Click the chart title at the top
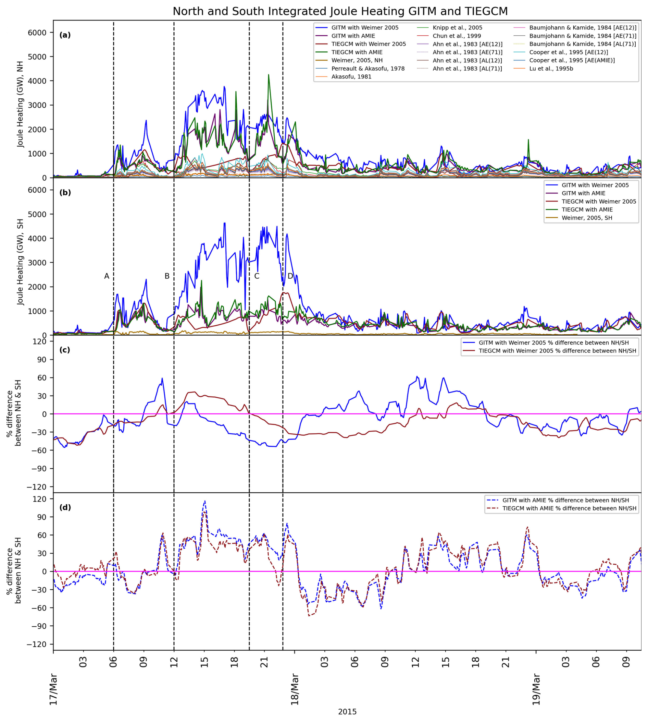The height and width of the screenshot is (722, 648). click(340, 11)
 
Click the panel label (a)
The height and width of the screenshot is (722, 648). click(65, 35)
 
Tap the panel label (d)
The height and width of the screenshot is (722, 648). click(65, 507)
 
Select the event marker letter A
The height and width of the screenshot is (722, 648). click(107, 276)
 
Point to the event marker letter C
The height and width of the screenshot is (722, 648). click(257, 276)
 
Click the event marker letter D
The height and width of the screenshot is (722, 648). click(290, 276)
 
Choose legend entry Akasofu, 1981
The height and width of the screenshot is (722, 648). click(351, 76)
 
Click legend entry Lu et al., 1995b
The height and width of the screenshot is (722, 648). click(551, 69)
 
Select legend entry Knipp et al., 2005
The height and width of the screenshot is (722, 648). click(457, 27)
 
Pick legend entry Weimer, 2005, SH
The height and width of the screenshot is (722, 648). click(587, 218)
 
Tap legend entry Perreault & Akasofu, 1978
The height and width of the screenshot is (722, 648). click(368, 69)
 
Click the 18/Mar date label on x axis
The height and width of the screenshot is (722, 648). click(295, 689)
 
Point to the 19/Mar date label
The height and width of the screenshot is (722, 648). click(536, 689)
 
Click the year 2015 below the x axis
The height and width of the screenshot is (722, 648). click(347, 712)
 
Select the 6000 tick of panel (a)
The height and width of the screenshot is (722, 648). click(37, 33)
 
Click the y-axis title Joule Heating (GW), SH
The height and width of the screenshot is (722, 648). click(21, 262)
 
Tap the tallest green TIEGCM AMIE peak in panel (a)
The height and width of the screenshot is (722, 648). click(269, 75)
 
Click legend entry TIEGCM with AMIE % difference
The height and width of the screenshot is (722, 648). click(569, 508)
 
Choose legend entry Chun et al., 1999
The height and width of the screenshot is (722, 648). click(457, 36)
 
